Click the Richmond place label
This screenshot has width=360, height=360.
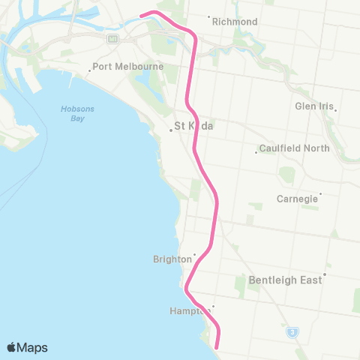pyautogui.click(x=235, y=22)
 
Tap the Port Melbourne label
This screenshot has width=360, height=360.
pyautogui.click(x=118, y=66)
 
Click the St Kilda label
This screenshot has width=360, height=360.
pyautogui.click(x=193, y=126)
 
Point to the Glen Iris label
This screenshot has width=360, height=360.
pyautogui.click(x=313, y=106)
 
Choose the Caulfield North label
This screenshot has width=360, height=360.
pyautogui.click(x=294, y=148)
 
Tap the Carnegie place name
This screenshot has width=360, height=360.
pyautogui.click(x=297, y=199)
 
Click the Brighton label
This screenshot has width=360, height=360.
pyautogui.click(x=172, y=259)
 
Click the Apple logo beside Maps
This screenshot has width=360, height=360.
pyautogui.click(x=11, y=347)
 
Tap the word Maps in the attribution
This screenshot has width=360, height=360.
pyautogui.click(x=33, y=347)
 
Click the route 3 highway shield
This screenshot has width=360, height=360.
pyautogui.click(x=290, y=331)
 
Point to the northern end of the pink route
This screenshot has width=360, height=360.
pyautogui.click(x=142, y=14)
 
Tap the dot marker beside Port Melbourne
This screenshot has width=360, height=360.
pyautogui.click(x=89, y=71)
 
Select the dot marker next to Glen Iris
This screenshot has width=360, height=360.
pyautogui.click(x=335, y=111)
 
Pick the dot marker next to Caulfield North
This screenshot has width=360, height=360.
pyautogui.click(x=256, y=153)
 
